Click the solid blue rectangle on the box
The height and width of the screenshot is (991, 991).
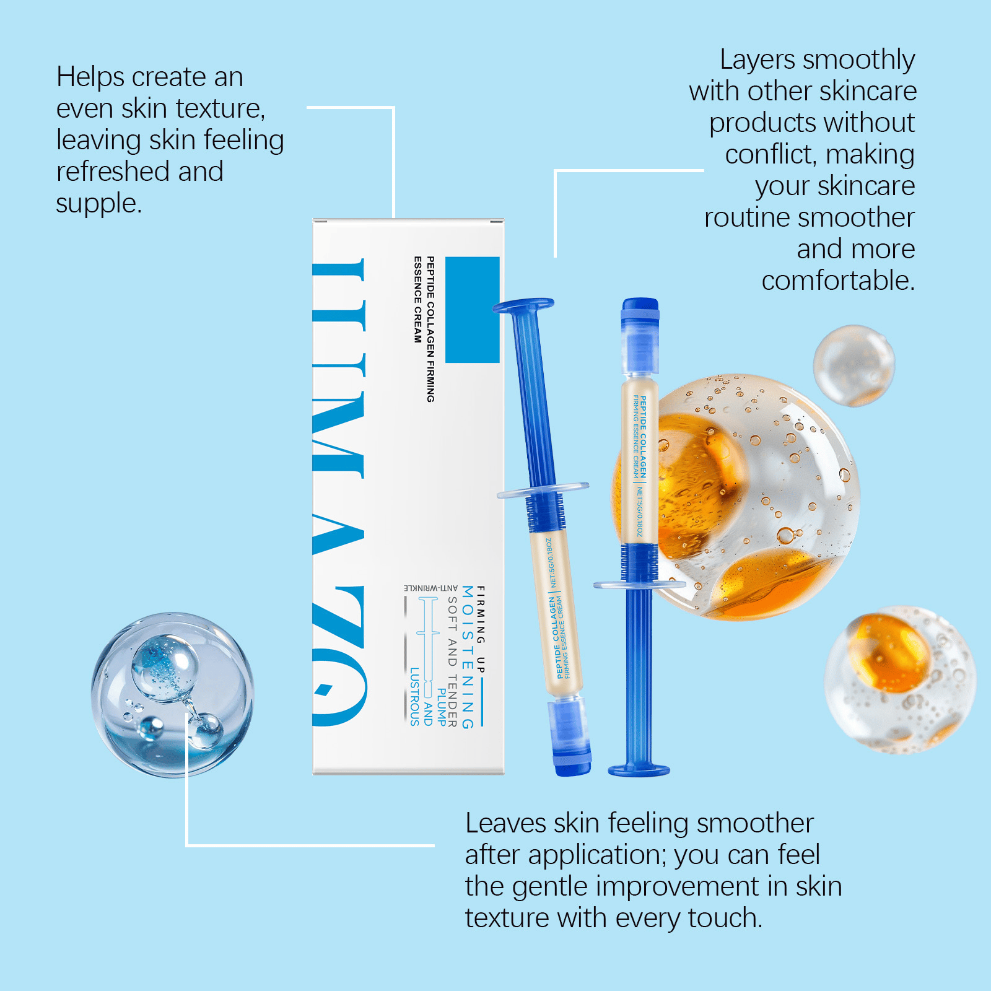(x=472, y=310)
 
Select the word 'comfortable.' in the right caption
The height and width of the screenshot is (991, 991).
(x=837, y=281)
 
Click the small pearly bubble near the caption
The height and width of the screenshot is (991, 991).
(x=853, y=365)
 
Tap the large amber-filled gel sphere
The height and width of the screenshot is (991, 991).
(x=737, y=495)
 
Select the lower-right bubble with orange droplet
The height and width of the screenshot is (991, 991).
(x=899, y=680)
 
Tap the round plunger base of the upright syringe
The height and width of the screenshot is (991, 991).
(x=639, y=771)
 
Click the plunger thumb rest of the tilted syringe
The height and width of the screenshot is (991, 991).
(x=523, y=305)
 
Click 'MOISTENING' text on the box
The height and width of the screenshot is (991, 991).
(x=468, y=657)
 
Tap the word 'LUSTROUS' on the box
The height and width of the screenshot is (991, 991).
(x=414, y=696)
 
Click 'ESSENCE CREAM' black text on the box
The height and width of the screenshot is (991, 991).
(x=417, y=300)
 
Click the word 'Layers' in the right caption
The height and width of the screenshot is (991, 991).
(x=756, y=60)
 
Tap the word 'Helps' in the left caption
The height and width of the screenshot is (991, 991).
(x=90, y=77)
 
